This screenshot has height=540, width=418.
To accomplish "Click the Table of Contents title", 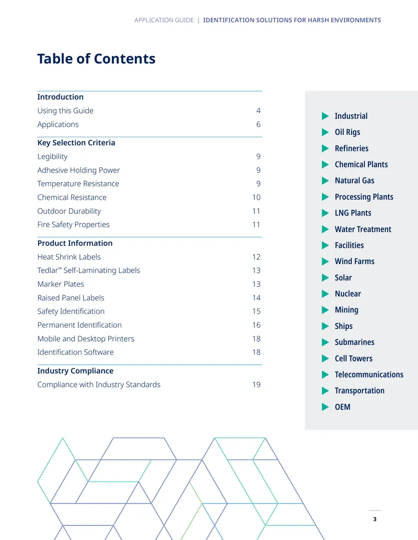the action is [96, 58].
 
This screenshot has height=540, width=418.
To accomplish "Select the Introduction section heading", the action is [61, 97].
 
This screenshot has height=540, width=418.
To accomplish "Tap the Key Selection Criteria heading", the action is [76, 142].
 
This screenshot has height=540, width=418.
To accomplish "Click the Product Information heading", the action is [75, 243].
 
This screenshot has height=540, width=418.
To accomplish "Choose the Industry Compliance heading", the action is [75, 371].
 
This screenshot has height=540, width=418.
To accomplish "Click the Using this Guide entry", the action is [65, 111].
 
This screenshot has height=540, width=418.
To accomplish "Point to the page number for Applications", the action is [258, 124].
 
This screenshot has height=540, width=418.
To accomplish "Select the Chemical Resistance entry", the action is [72, 197].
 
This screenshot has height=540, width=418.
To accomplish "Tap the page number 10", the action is [256, 197].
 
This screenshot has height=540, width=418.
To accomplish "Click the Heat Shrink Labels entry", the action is [69, 257].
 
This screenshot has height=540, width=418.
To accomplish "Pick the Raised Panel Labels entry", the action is [71, 298].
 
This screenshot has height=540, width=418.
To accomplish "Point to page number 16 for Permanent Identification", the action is [256, 325].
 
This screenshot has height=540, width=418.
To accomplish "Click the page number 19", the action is [256, 385].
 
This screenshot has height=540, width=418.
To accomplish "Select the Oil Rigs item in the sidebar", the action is [347, 132].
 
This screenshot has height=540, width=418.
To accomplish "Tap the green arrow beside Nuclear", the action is [325, 294].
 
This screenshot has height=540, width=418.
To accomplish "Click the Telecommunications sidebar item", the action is [369, 375].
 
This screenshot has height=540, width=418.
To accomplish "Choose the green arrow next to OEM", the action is [325, 407].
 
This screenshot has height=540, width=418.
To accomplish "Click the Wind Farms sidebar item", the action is [355, 261].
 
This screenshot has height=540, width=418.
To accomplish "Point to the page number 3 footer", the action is [375, 519].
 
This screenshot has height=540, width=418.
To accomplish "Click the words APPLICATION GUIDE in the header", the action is [164, 20].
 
